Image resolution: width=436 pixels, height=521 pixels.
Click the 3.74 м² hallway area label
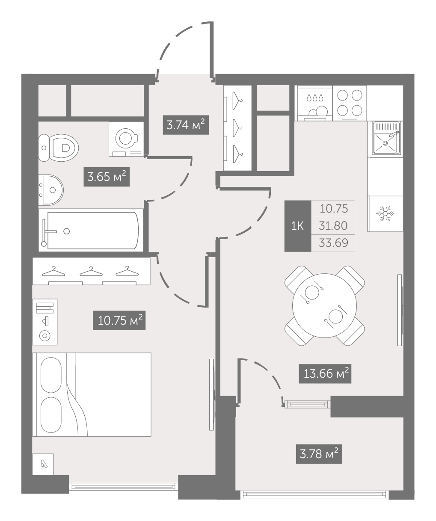tap(186, 125)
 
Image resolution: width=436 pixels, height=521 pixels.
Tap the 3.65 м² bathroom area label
tap(107, 177)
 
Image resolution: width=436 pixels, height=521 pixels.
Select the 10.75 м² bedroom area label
tap(119, 320)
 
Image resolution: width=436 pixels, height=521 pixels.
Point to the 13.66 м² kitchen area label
tap(325, 373)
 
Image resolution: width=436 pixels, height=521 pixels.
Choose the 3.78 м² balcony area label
tap(319, 454)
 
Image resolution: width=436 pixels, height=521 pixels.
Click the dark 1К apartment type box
tap(298, 226)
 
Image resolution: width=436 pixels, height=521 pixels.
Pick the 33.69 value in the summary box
tap(333, 243)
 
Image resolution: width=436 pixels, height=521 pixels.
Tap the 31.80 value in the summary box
tap(333, 226)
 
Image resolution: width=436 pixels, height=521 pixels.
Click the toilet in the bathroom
tap(59, 148)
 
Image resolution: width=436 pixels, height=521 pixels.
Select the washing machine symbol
tap(126, 139)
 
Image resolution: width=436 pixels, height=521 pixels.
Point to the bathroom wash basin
tap(51, 190)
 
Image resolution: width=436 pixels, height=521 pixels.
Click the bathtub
tap(91, 230)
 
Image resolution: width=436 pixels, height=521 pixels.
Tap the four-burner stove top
tap(350, 103)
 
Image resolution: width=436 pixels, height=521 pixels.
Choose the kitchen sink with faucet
tap(386, 139)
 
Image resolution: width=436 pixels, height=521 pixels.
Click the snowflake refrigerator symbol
tap(386, 213)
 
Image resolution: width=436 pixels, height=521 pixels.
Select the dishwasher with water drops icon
tap(314, 103)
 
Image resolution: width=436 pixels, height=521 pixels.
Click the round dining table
tap(324, 305)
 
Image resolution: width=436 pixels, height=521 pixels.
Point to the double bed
tap(92, 394)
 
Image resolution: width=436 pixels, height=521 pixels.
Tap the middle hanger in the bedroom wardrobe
tap(91, 271)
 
